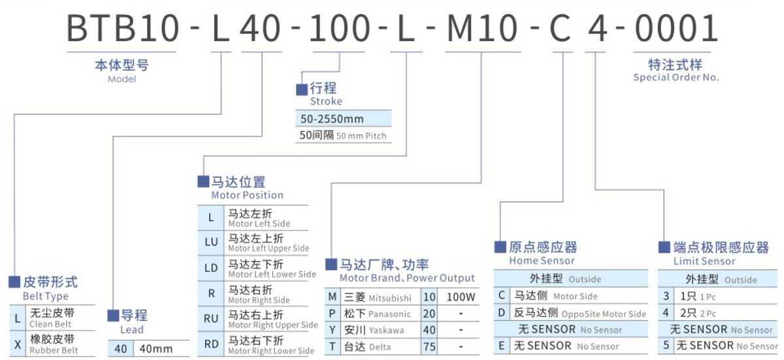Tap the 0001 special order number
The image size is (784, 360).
[676, 28]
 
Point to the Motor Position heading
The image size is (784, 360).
[246, 188]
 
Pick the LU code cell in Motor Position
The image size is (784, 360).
[211, 242]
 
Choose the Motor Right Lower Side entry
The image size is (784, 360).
[268, 344]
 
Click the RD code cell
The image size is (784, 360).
[211, 344]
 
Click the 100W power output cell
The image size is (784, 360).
[461, 297]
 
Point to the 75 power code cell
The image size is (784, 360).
[429, 346]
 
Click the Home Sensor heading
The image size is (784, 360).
[542, 254]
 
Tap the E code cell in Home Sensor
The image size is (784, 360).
[501, 345]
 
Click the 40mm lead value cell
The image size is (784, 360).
[157, 348]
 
